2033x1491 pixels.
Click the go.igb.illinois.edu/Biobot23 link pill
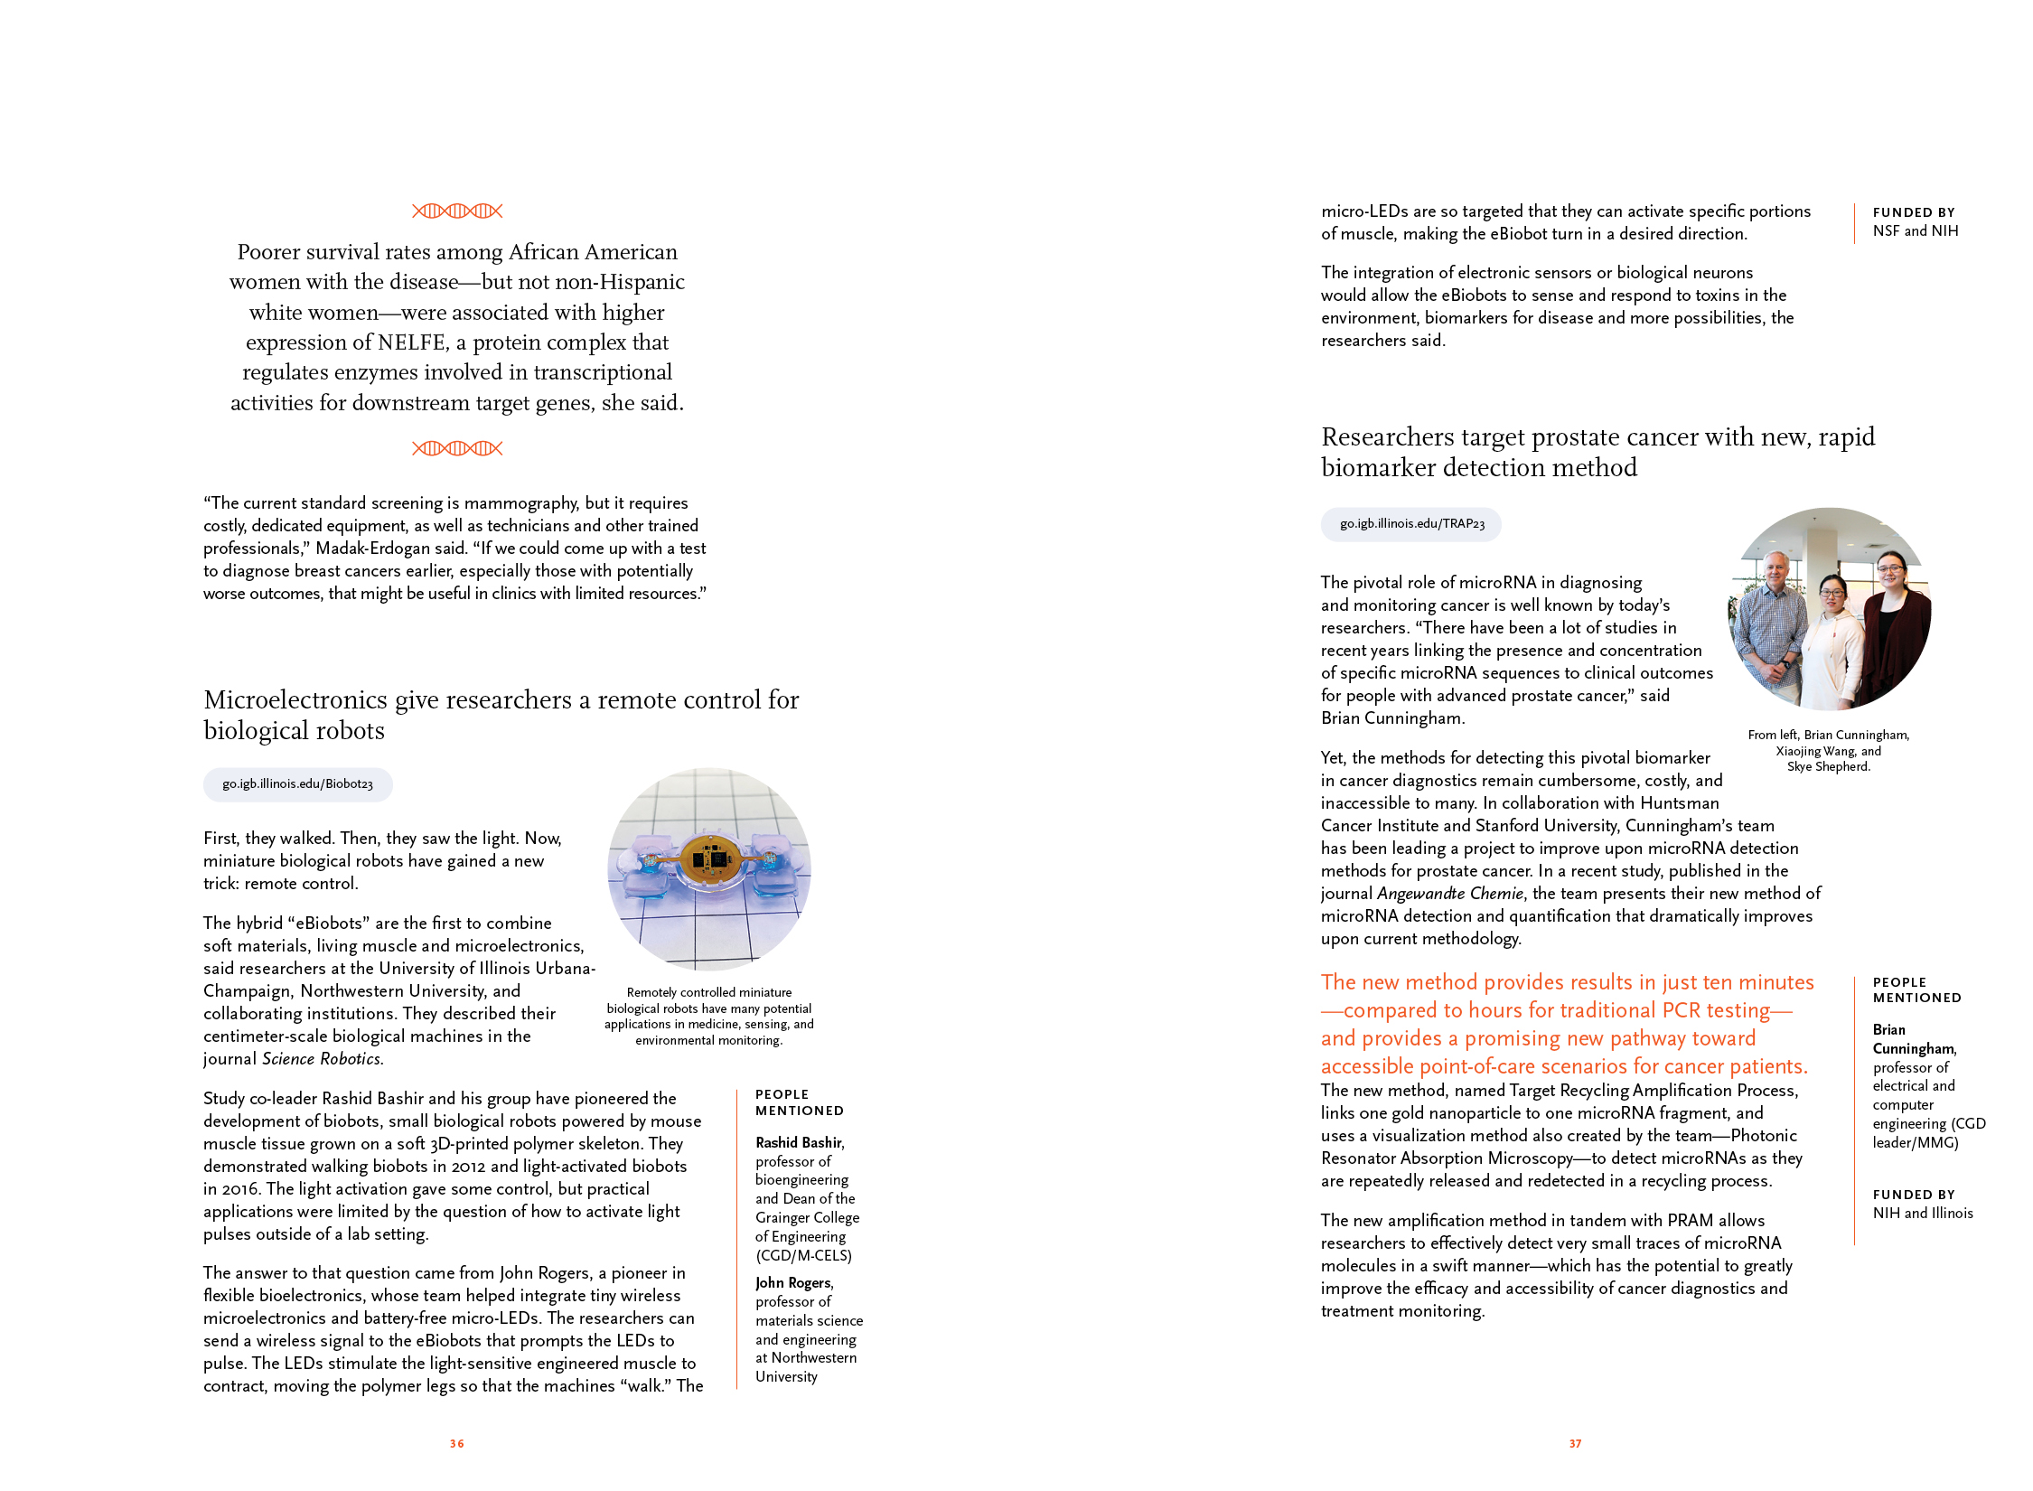tap(297, 784)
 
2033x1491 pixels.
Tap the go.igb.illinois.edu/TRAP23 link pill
tap(1411, 524)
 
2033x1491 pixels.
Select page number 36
tap(457, 1444)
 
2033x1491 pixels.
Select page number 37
tap(1575, 1444)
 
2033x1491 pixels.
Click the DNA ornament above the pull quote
tap(457, 211)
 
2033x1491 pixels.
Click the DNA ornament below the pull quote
tap(457, 448)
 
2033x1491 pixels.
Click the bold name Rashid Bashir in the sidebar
tap(799, 1143)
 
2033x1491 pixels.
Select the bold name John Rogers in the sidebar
tap(793, 1283)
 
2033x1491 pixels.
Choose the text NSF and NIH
tap(1916, 231)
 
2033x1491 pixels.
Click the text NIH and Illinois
tap(1923, 1214)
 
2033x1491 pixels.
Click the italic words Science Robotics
tap(322, 1059)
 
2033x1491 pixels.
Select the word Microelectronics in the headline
tap(295, 700)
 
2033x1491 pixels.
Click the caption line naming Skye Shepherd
tap(1828, 767)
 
